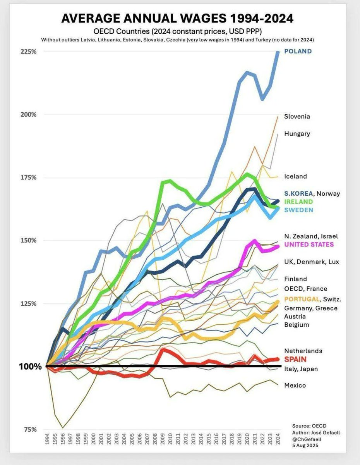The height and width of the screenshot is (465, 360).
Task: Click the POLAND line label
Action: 298,51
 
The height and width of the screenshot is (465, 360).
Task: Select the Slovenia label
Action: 297,116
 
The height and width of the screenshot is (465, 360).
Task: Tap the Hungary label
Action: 297,134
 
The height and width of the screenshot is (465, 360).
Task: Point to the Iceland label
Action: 295,176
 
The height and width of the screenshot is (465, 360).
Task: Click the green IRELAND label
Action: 298,201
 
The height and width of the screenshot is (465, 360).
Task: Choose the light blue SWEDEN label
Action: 298,210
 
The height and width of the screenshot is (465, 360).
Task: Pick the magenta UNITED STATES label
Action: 309,244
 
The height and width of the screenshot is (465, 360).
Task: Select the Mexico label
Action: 295,385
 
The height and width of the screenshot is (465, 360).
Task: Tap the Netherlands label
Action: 303,351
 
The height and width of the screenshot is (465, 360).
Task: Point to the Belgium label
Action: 297,324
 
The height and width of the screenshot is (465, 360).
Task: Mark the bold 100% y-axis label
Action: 29,366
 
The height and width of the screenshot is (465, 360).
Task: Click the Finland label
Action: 295,279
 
